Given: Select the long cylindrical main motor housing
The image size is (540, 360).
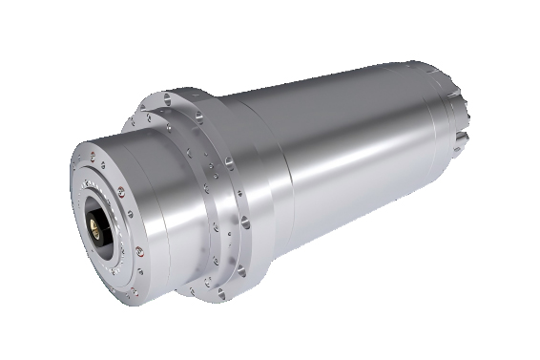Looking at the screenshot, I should pos(363,143).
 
